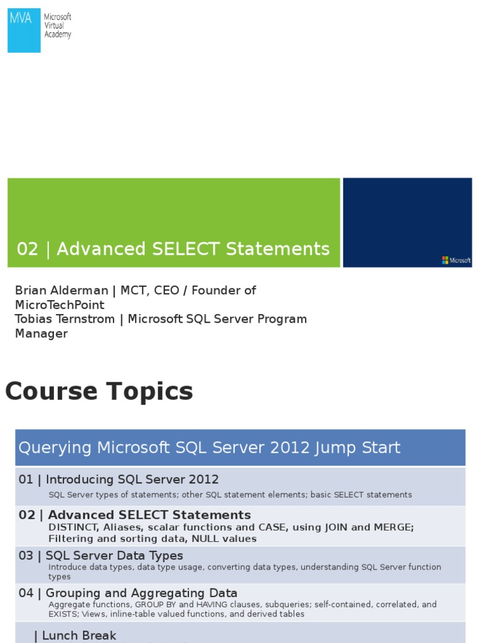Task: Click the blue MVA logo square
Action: point(24,30)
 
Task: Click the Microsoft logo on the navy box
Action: point(456,260)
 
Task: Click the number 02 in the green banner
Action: point(28,249)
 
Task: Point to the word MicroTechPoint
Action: point(60,305)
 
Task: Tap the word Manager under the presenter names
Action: point(41,333)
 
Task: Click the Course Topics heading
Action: point(99,392)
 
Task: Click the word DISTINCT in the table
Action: point(71,527)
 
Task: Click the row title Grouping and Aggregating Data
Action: point(141,593)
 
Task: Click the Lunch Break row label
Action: point(79,635)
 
